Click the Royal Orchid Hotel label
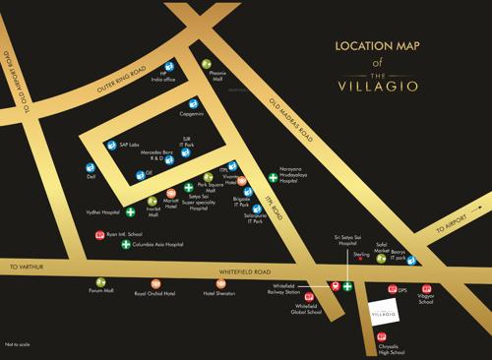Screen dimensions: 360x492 click(x=154, y=292)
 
